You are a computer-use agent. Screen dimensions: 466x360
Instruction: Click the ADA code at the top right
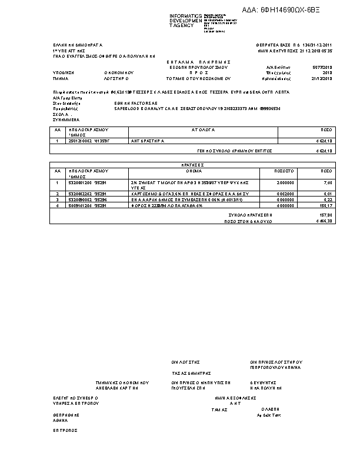point(290,9)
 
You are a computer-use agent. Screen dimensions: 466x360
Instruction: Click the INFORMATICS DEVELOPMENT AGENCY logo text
point(185,21)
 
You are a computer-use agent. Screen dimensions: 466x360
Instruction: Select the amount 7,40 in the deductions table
point(327,183)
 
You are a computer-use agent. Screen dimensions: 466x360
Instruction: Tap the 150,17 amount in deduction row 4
point(326,206)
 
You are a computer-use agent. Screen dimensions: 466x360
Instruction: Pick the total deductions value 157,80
point(326,215)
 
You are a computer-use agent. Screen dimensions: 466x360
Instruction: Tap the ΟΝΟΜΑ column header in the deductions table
point(194,171)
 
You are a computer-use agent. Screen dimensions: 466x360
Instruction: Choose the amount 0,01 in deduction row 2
point(328,194)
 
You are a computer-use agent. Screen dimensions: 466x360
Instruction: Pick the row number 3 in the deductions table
point(57,199)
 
